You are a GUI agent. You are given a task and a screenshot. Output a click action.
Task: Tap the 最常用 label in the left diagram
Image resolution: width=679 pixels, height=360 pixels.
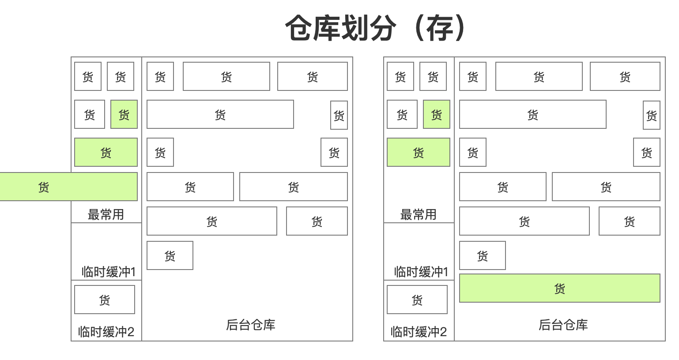click(x=106, y=215)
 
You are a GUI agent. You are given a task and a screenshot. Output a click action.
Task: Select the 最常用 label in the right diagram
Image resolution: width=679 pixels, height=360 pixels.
click(x=418, y=215)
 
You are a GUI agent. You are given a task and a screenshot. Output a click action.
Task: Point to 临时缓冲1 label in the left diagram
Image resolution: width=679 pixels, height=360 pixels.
click(x=108, y=271)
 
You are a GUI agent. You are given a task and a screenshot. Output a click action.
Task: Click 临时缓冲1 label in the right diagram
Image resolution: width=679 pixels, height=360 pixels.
click(x=421, y=271)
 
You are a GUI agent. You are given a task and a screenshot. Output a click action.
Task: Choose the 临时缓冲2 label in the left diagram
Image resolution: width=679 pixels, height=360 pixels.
click(x=106, y=331)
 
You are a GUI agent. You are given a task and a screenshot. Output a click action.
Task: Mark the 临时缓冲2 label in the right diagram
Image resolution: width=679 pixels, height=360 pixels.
click(x=419, y=331)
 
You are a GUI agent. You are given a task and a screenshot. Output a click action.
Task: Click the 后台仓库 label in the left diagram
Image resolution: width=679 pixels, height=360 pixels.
click(x=250, y=325)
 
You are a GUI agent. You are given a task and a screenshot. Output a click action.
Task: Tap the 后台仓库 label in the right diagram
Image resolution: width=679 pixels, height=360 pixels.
click(x=563, y=325)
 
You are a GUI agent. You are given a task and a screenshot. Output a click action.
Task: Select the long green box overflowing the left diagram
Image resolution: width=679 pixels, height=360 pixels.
click(x=68, y=187)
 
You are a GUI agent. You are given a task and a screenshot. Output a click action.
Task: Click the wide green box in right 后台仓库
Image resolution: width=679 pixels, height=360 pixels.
click(x=559, y=289)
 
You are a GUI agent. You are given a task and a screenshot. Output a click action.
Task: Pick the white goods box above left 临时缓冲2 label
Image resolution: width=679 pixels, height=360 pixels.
click(x=105, y=300)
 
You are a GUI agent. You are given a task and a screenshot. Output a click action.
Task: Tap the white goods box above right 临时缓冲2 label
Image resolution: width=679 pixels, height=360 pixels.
click(x=417, y=300)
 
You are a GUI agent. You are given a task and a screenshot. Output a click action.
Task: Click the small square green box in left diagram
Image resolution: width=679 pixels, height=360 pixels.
click(x=124, y=115)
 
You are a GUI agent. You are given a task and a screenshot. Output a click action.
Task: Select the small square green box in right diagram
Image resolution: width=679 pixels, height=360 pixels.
click(x=437, y=115)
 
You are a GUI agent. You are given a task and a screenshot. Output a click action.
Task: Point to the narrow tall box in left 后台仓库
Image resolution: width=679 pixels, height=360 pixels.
click(x=339, y=115)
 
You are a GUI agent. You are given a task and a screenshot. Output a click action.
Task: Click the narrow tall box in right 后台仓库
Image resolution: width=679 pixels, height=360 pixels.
click(x=652, y=115)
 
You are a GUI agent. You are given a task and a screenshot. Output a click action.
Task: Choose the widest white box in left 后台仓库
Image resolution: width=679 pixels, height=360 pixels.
click(x=220, y=115)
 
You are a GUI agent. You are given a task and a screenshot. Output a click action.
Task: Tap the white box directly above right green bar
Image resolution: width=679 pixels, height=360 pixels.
click(x=482, y=255)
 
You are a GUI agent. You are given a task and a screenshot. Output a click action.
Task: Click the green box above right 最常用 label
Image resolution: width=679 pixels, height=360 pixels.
click(x=418, y=153)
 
